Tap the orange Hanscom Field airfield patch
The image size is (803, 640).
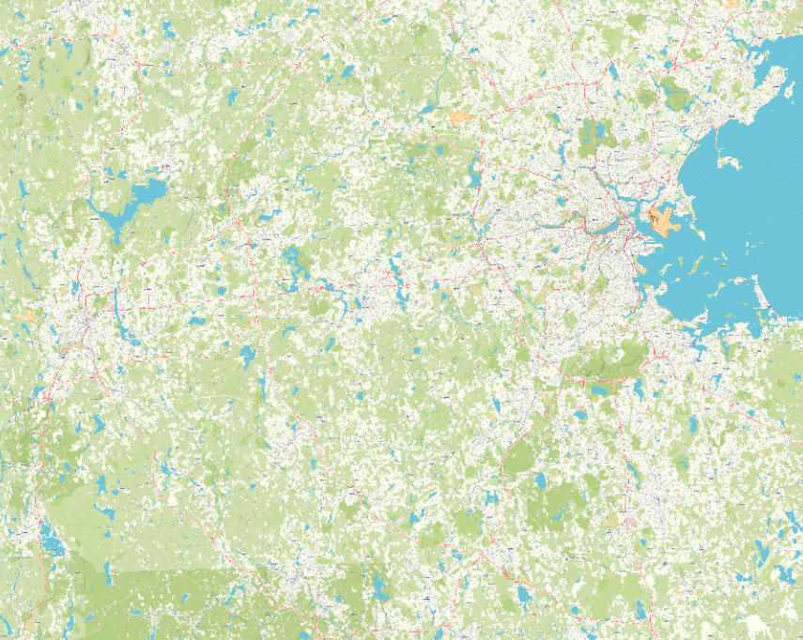(460, 118)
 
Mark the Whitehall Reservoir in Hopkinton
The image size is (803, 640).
(247, 357)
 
